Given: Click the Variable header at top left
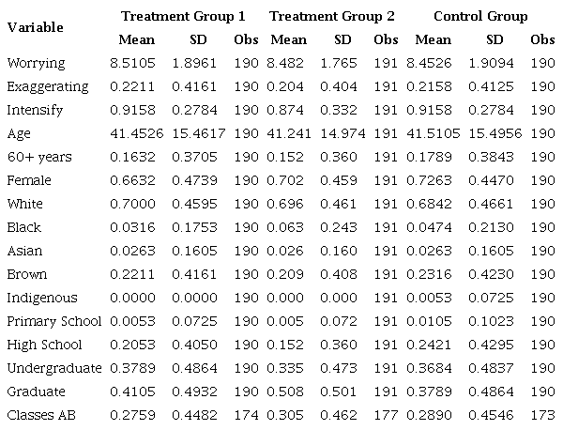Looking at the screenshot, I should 36,27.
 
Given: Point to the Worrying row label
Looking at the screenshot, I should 35,63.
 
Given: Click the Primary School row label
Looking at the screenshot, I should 53,321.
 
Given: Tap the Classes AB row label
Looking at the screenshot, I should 38,415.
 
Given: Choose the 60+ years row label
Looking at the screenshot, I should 38,157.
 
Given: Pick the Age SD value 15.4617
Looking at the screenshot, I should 198,133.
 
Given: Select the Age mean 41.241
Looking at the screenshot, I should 288,133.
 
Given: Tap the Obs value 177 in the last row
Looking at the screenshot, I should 386,415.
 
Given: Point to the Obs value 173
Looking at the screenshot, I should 541,415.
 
